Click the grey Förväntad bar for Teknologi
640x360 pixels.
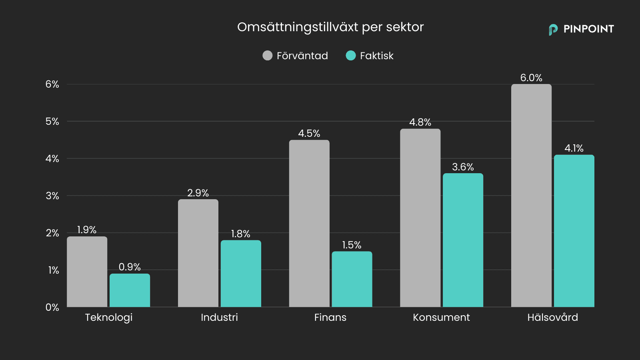[x=87, y=272]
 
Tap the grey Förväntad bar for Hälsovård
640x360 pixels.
[x=531, y=196]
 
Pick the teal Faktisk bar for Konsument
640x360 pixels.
[x=463, y=240]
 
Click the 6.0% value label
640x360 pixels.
[x=531, y=78]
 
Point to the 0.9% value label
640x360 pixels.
[x=130, y=267]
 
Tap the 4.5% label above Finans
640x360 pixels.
[x=309, y=134]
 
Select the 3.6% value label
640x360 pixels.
[x=463, y=167]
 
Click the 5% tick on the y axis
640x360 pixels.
[x=52, y=121]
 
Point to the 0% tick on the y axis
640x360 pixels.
[x=52, y=307]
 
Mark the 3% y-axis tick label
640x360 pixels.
[x=52, y=196]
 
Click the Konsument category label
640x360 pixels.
[x=441, y=317]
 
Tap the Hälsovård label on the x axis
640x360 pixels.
[x=552, y=317]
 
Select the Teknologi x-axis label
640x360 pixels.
[x=109, y=318]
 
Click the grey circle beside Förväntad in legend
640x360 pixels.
[x=267, y=56]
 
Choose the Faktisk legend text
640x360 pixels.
[x=376, y=56]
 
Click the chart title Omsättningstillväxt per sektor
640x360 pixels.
[x=330, y=27]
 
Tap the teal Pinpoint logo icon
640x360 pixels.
[x=553, y=29]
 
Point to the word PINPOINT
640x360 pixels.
[x=588, y=29]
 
